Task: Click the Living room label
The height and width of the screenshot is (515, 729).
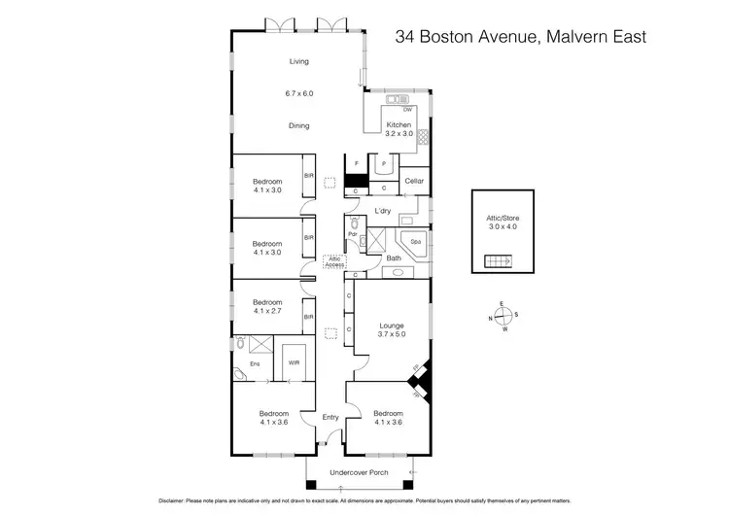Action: (x=298, y=61)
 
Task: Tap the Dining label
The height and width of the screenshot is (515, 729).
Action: (x=298, y=125)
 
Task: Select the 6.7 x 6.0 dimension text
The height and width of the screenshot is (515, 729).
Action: (x=298, y=93)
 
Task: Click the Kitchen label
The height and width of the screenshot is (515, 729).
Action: (x=399, y=125)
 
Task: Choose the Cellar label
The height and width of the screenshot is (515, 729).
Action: (x=414, y=181)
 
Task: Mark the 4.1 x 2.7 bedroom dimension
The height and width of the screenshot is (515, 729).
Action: (x=266, y=311)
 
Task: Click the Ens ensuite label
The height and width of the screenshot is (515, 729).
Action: (x=256, y=363)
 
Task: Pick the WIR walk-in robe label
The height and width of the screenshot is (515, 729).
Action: (x=295, y=363)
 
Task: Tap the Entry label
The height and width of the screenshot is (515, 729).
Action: (x=330, y=418)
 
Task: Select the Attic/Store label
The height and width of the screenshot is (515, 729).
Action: (x=503, y=219)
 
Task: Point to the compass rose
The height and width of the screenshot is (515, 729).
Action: (x=503, y=317)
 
